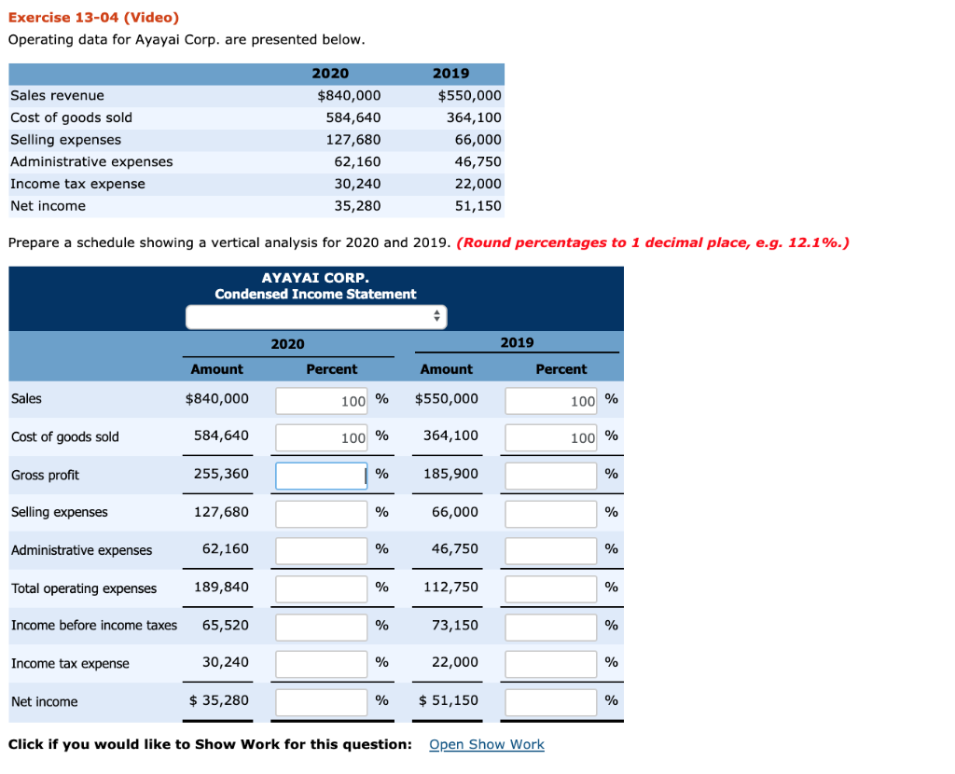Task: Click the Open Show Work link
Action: (487, 744)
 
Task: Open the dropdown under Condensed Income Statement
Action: (316, 317)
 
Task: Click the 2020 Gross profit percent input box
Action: (322, 476)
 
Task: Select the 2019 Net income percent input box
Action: (551, 701)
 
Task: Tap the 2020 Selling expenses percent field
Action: (322, 513)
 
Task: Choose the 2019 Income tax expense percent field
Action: (551, 663)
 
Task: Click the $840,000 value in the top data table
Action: (349, 95)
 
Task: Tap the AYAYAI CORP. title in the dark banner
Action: (315, 278)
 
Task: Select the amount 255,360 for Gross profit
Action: (221, 474)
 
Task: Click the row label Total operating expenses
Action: (84, 588)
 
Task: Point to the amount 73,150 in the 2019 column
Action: (455, 625)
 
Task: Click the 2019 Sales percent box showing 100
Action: (551, 401)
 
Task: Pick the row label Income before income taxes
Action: (94, 625)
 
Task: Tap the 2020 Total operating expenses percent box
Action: (322, 588)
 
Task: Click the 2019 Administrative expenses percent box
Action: (551, 550)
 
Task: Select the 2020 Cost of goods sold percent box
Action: (322, 437)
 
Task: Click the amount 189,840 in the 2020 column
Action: (221, 587)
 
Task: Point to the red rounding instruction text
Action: (653, 243)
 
